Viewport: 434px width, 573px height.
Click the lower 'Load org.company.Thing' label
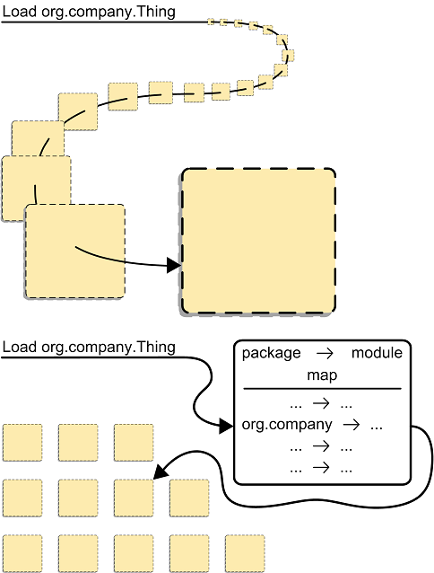click(x=89, y=348)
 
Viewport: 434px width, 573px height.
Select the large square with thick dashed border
click(x=257, y=242)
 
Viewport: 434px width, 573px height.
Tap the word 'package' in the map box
click(x=271, y=354)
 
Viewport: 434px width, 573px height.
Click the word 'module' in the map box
click(x=377, y=354)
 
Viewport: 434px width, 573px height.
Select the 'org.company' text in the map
click(x=287, y=424)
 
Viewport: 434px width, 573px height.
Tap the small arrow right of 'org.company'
click(x=352, y=424)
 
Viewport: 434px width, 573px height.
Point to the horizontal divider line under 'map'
click(x=322, y=389)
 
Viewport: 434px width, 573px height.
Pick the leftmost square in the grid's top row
click(x=22, y=442)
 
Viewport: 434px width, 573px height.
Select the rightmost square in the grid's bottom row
click(x=244, y=553)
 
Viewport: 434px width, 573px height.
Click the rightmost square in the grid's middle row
click(x=188, y=498)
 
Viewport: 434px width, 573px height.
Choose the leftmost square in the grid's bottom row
click(x=22, y=553)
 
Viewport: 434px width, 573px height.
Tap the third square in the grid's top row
click(x=134, y=442)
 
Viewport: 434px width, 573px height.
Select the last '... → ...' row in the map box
click(x=322, y=468)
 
